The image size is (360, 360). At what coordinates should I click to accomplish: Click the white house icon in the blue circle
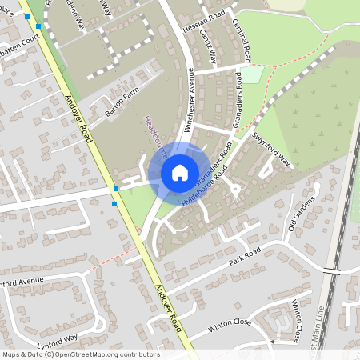click(x=179, y=172)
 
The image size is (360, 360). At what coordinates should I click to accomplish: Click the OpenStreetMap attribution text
click(x=80, y=354)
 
